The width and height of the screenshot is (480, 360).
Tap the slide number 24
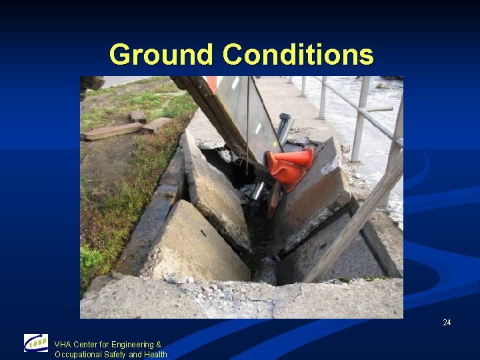[447, 323]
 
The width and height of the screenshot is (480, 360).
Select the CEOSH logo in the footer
[36, 343]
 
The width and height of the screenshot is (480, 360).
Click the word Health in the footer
[155, 355]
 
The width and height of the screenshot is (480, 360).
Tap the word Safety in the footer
[117, 355]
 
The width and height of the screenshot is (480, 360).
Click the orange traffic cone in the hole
[291, 167]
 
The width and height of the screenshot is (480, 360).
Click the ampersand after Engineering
[159, 345]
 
